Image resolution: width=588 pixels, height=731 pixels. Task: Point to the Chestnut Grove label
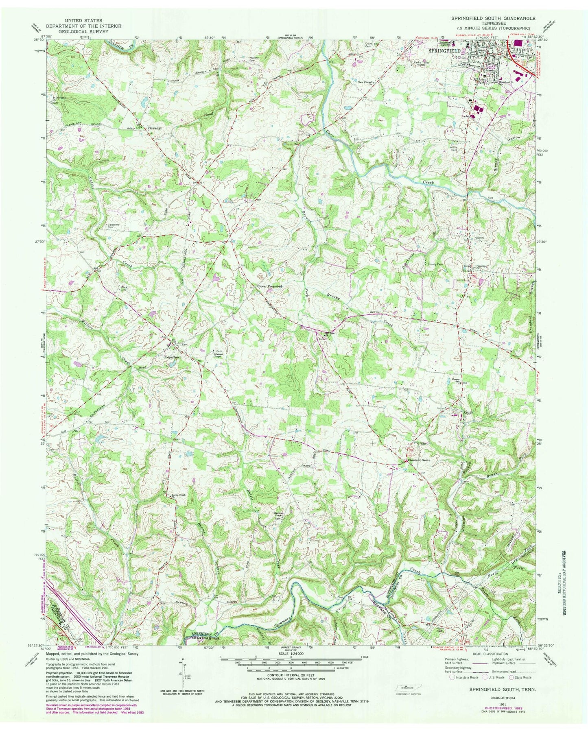(419, 460)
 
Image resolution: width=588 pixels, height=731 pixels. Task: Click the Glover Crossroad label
(269, 286)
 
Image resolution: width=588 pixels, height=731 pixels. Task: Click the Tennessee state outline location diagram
(407, 687)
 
